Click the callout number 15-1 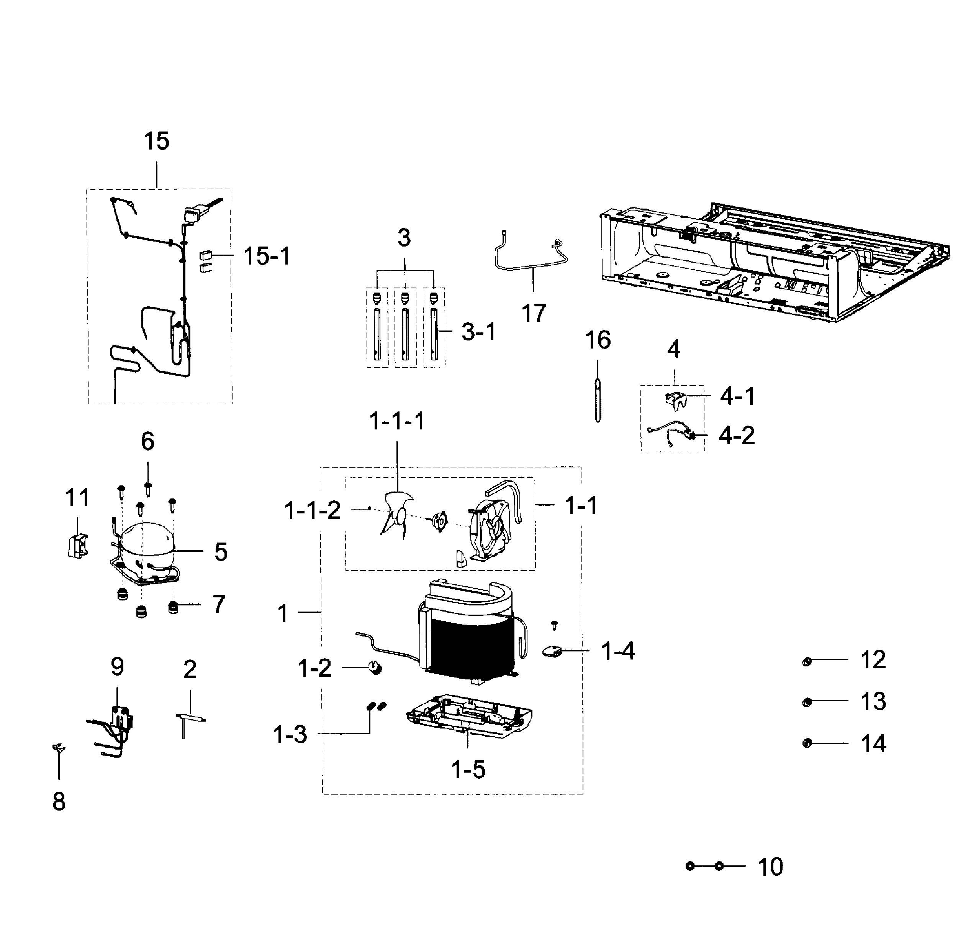(x=267, y=256)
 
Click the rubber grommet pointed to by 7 (x=173, y=607)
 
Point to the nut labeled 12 (x=807, y=662)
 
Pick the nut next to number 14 (x=807, y=743)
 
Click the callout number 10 (x=770, y=867)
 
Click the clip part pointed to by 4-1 (x=676, y=399)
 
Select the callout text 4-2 (x=736, y=435)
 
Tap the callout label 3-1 (x=478, y=331)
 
